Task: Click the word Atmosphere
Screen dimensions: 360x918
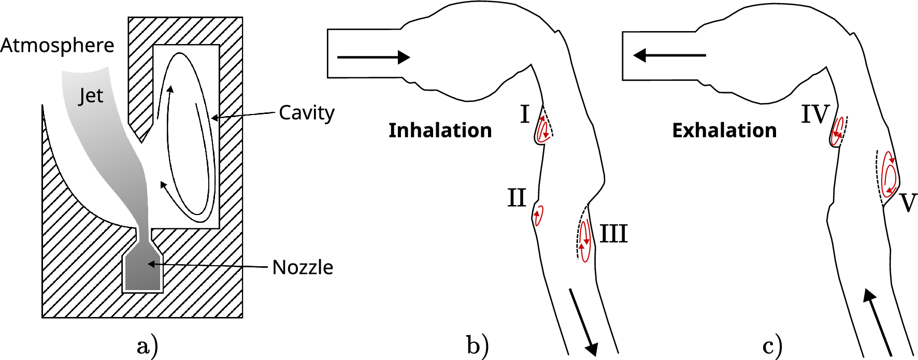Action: [x=57, y=46]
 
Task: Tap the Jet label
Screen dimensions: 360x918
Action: [x=91, y=96]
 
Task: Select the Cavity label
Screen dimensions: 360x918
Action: [x=307, y=112]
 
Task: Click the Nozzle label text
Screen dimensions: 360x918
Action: [x=303, y=267]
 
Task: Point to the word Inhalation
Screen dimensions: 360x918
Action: [x=440, y=131]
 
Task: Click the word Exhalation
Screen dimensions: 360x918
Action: [x=724, y=131]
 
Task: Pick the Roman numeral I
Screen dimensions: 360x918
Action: [x=525, y=114]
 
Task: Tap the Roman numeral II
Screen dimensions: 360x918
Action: [x=517, y=198]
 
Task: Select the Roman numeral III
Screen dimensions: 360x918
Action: [x=614, y=234]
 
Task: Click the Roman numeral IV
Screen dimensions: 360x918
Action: [x=815, y=114]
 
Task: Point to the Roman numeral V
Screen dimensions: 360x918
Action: [x=908, y=203]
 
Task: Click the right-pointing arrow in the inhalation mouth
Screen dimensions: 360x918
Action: [x=374, y=57]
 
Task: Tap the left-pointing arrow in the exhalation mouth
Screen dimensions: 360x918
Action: [x=669, y=55]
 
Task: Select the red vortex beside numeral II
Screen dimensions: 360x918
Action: [x=539, y=215]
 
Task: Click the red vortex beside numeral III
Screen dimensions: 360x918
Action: [x=585, y=241]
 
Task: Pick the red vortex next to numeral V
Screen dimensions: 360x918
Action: [x=890, y=175]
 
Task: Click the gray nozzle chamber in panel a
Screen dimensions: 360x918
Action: [x=142, y=272]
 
